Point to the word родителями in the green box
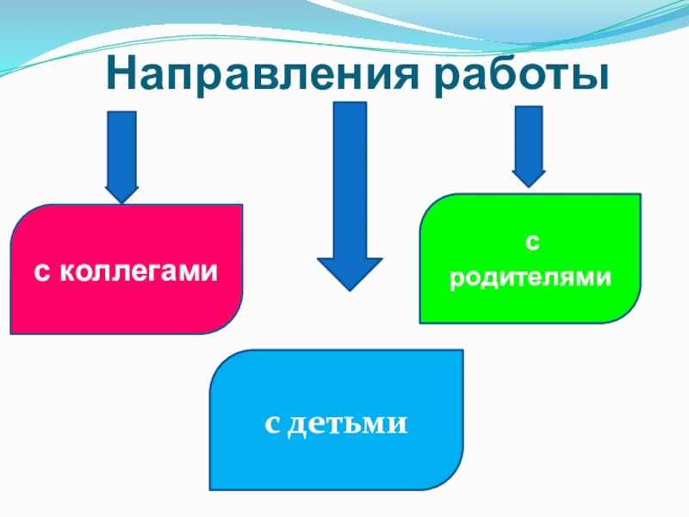point(531,277)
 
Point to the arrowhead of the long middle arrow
point(350,271)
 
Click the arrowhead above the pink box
point(121,191)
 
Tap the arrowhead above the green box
point(529,176)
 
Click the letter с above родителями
point(531,245)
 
